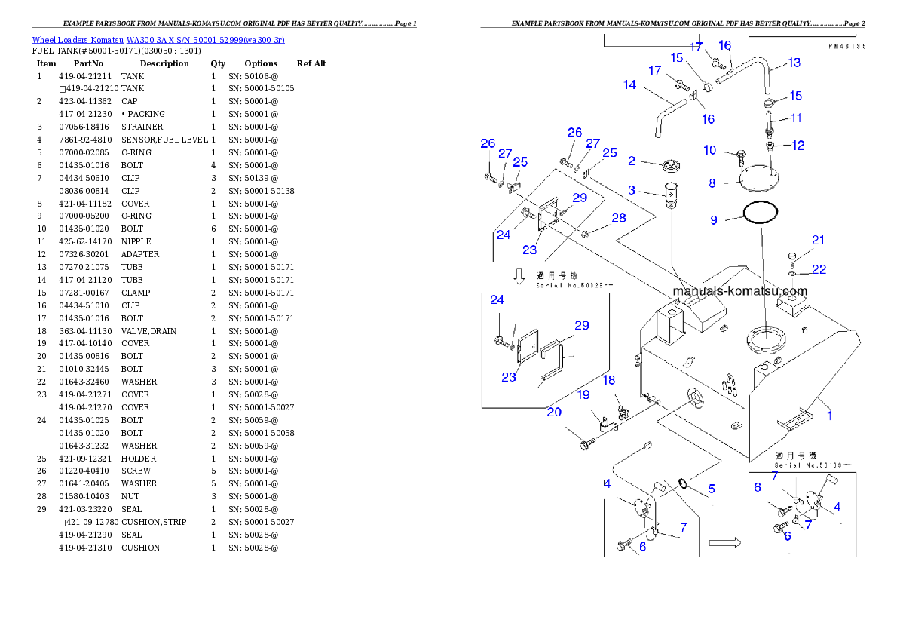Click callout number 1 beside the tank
tap(829, 414)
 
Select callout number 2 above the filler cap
tap(632, 161)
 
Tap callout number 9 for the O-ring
tap(714, 220)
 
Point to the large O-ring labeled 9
tap(760, 213)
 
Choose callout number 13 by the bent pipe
tap(794, 63)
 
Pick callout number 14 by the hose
tap(630, 85)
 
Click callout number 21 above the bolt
tap(818, 240)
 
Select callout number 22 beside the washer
tap(819, 269)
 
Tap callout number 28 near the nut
tap(618, 218)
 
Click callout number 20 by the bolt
tap(554, 412)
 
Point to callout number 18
tap(608, 380)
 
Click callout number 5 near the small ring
tap(711, 489)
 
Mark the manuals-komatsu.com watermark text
tap(739, 291)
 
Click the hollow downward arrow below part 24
tap(519, 276)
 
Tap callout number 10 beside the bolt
tap(710, 150)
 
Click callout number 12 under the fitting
tap(798, 146)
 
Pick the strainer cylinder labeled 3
tap(672, 194)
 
